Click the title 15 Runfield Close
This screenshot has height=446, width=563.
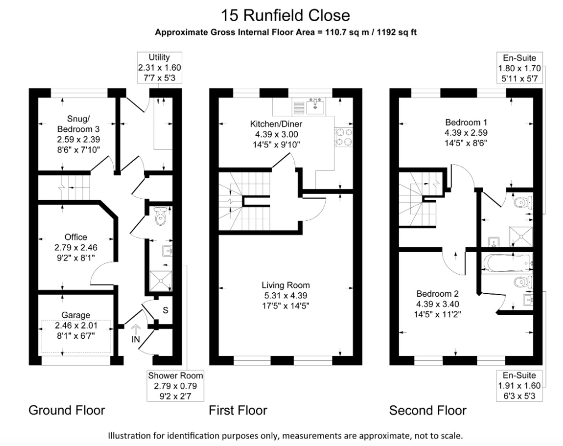(x=285, y=15)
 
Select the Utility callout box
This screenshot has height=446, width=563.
(x=160, y=67)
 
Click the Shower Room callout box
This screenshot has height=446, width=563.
(x=175, y=386)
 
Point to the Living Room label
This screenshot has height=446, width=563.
(x=286, y=285)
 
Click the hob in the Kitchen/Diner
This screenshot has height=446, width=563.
(x=344, y=137)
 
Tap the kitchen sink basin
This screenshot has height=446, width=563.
(x=316, y=107)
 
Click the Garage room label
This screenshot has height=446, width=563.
(x=76, y=315)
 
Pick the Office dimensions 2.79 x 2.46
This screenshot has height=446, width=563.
(x=76, y=247)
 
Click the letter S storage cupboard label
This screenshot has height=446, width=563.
(x=166, y=310)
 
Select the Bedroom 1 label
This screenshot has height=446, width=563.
(x=466, y=122)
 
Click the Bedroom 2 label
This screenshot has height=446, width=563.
(x=437, y=294)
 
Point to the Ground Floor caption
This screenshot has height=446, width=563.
(x=67, y=410)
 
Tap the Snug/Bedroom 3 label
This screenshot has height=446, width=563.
(x=78, y=124)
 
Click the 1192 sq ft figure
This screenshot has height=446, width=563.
(x=397, y=32)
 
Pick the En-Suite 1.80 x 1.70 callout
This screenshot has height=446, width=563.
(x=519, y=68)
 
